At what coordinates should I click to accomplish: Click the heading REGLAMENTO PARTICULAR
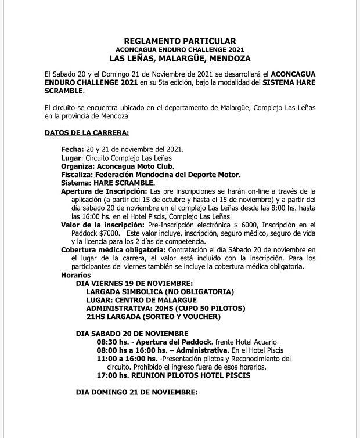click(x=179, y=41)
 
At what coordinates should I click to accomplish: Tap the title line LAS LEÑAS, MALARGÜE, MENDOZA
click(x=179, y=59)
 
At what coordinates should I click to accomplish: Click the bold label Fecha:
click(x=72, y=149)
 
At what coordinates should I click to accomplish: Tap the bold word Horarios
click(x=76, y=274)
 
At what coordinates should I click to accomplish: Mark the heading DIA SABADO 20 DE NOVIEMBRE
click(x=132, y=334)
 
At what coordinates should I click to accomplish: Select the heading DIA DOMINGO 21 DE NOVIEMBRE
click(x=136, y=393)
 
